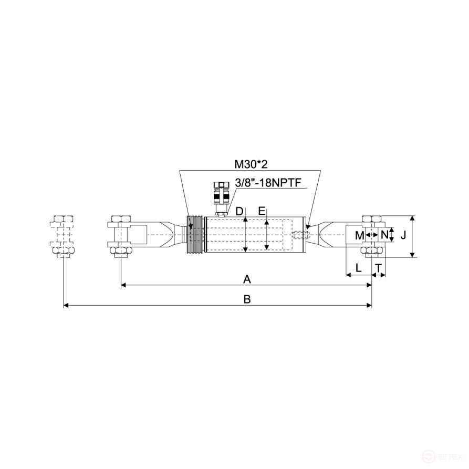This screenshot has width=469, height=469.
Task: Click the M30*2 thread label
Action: tap(251, 164)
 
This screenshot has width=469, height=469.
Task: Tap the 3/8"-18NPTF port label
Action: tap(268, 183)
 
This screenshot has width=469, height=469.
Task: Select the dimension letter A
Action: tap(247, 279)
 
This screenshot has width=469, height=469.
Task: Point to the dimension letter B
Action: tap(247, 299)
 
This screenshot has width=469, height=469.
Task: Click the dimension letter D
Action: tap(239, 212)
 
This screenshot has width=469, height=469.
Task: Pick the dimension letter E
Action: tap(262, 211)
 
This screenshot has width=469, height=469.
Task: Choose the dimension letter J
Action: tap(403, 235)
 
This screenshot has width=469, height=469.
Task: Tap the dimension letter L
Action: tap(358, 268)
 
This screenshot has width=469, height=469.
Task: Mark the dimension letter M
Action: tap(360, 236)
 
